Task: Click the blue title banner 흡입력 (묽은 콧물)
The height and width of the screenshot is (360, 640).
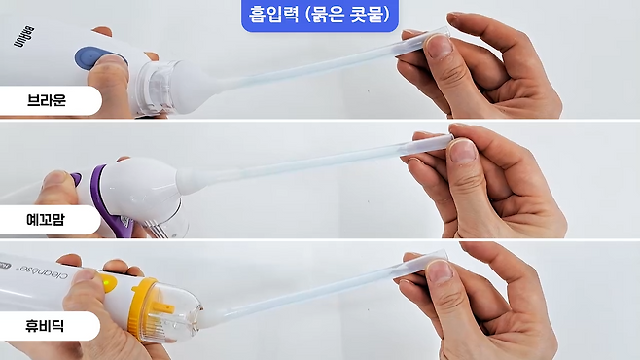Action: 320,15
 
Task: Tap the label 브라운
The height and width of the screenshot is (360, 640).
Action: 47,100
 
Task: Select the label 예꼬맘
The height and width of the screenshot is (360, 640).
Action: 46,220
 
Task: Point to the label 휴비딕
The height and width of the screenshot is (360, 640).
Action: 45,326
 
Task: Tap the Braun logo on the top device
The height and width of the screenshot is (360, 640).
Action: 24,37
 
